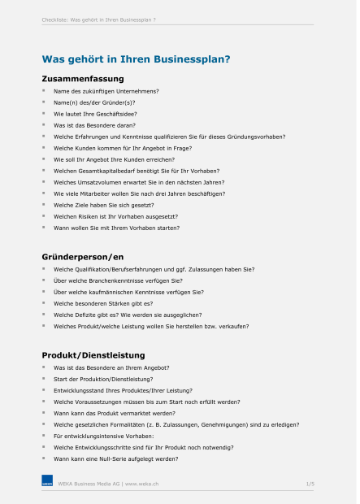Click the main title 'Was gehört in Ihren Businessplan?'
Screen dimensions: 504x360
pyautogui.click(x=135, y=59)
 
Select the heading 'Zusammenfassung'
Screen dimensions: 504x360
pyautogui.click(x=82, y=79)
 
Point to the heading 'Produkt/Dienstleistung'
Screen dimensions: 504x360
pyautogui.click(x=93, y=355)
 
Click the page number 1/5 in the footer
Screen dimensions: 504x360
pyautogui.click(x=310, y=484)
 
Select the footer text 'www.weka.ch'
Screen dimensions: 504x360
pyautogui.click(x=141, y=484)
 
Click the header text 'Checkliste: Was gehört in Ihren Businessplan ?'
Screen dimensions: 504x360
pyautogui.click(x=99, y=19)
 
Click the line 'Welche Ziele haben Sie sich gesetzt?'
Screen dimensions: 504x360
pyautogui.click(x=103, y=205)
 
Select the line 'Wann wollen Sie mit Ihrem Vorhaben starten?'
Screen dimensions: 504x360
pyautogui.click(x=116, y=228)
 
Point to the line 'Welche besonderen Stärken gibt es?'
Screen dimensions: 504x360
pyautogui.click(x=102, y=302)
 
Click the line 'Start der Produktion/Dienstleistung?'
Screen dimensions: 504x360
pyautogui.click(x=103, y=379)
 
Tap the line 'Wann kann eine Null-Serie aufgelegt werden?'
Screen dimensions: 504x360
pyautogui.click(x=115, y=458)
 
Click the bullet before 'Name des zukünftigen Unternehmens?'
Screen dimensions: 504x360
pyautogui.click(x=45, y=91)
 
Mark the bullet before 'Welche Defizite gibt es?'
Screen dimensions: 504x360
pyautogui.click(x=45, y=314)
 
